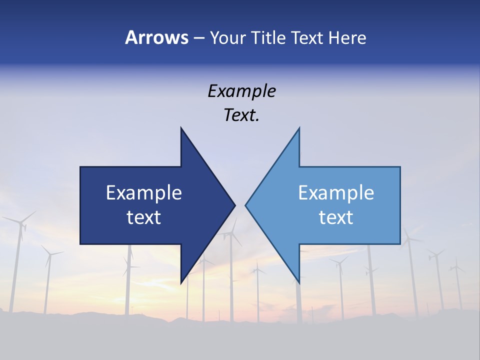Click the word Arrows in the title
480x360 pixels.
[156, 37]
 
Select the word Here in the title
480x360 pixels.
[347, 37]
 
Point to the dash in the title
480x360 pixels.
[198, 38]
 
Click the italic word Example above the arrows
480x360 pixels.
[241, 91]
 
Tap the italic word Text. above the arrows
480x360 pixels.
[241, 115]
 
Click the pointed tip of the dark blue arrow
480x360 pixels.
[234, 205]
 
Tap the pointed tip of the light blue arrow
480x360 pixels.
[246, 205]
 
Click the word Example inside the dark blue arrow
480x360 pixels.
[144, 193]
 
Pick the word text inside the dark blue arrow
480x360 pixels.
[144, 217]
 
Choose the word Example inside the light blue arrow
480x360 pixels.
[336, 193]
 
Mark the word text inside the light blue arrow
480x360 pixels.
[336, 217]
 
